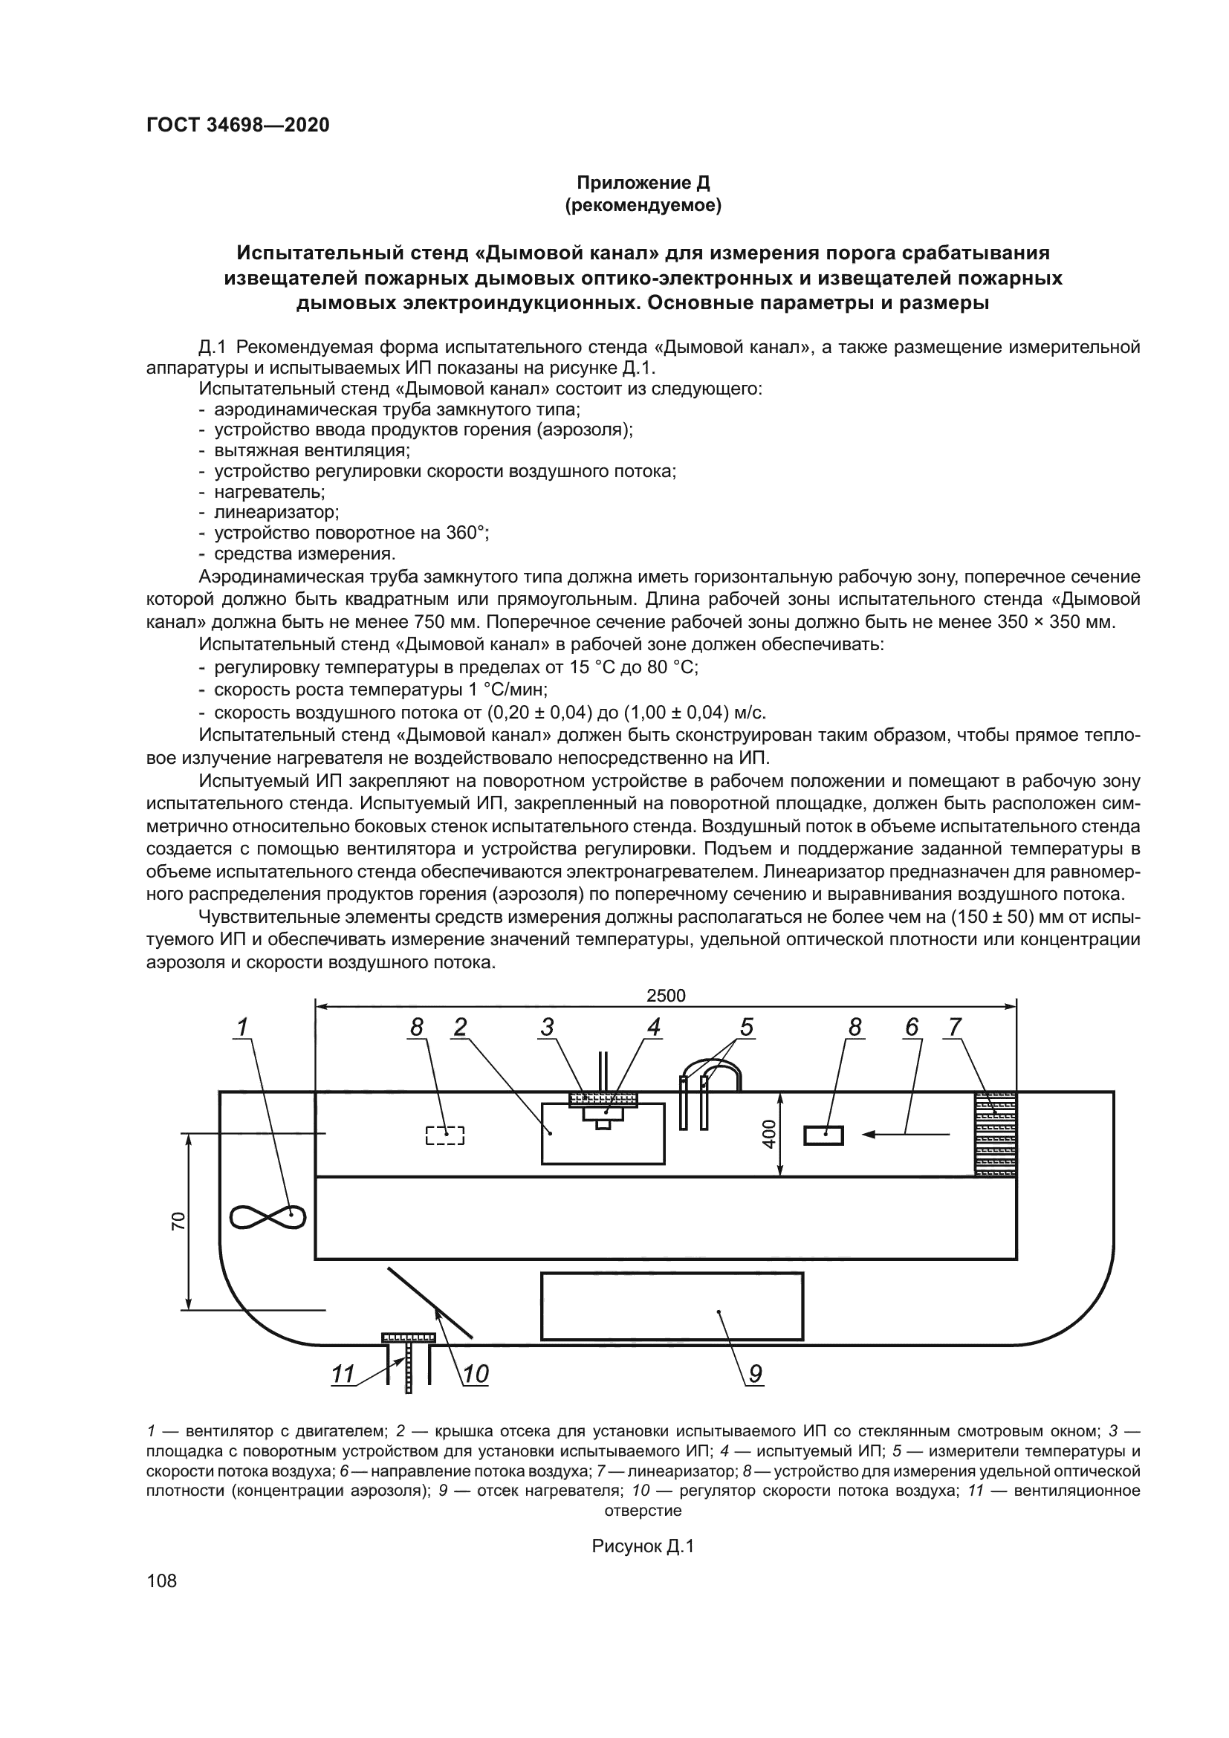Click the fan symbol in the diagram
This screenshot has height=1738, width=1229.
point(267,1217)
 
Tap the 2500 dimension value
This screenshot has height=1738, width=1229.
point(665,996)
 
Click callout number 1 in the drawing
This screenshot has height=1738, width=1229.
point(242,1027)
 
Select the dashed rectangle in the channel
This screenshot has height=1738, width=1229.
point(445,1135)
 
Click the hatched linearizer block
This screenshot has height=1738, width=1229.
point(995,1134)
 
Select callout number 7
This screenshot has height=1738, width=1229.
point(955,1027)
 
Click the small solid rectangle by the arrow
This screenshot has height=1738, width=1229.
point(823,1135)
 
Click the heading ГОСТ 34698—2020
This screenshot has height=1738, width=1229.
point(238,126)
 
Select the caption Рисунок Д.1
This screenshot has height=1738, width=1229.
point(643,1546)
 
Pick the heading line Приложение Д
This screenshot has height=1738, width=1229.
point(643,183)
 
